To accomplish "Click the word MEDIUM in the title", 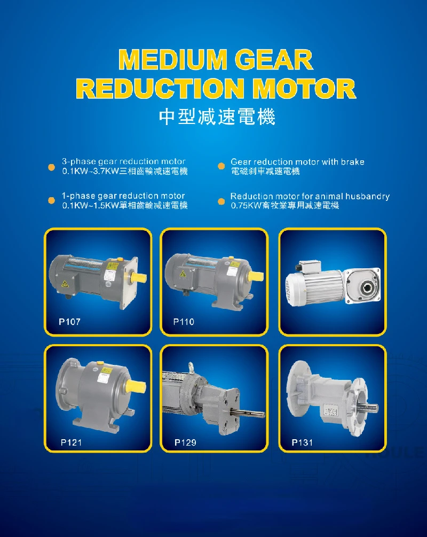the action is (173, 60).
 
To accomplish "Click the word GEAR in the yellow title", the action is (274, 60).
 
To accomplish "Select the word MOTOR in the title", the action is (304, 88).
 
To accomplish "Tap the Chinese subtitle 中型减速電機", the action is (217, 117).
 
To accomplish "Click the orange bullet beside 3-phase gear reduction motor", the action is (51, 167).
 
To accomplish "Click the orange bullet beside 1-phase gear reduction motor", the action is (51, 200).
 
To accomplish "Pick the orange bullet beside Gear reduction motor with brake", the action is (222, 166).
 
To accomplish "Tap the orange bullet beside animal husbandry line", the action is (222, 201).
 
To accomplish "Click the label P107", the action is (69, 322).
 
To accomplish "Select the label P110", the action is (184, 322).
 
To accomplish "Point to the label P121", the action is (71, 442).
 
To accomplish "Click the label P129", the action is (185, 442).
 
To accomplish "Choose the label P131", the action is (302, 442).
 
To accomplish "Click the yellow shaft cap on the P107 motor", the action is (139, 277).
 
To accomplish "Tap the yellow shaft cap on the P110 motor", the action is (256, 276).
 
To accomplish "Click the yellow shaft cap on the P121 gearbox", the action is (136, 386).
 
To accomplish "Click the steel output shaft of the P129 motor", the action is (247, 411).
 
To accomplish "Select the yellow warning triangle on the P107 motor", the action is (65, 284).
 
